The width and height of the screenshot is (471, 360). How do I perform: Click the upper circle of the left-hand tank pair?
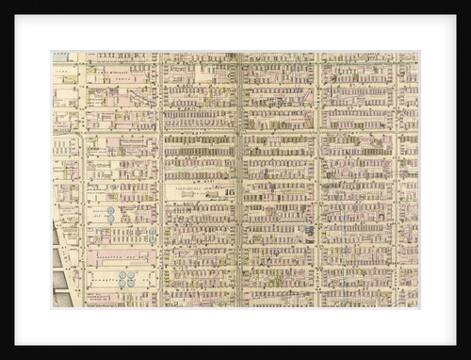pyautogui.click(x=110, y=211)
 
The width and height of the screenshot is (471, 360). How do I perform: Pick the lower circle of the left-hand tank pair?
pyautogui.click(x=110, y=219)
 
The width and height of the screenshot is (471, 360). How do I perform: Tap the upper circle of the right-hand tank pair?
pyautogui.click(x=153, y=231)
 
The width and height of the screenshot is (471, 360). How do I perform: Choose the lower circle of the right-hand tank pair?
pyautogui.click(x=153, y=238)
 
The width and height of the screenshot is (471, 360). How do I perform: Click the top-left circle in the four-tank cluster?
pyautogui.click(x=122, y=275)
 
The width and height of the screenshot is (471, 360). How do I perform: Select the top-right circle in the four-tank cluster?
pyautogui.click(x=131, y=275)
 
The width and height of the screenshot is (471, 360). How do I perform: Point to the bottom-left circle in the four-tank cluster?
pyautogui.click(x=122, y=283)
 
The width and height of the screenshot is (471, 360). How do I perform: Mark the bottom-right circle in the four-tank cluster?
pyautogui.click(x=131, y=283)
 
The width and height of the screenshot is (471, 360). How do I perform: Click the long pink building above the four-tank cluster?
pyautogui.click(x=121, y=254)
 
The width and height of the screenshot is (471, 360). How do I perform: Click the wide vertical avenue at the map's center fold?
pyautogui.click(x=237, y=179)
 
